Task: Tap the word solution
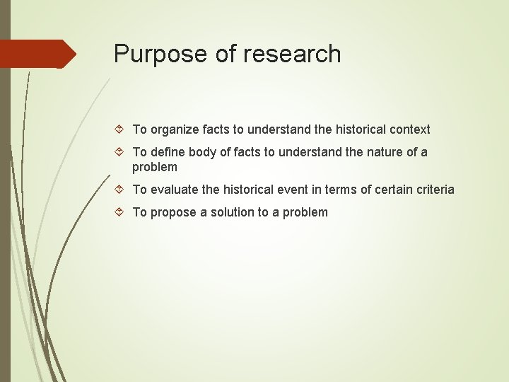tap(236, 212)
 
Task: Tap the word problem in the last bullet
tap(305, 212)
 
